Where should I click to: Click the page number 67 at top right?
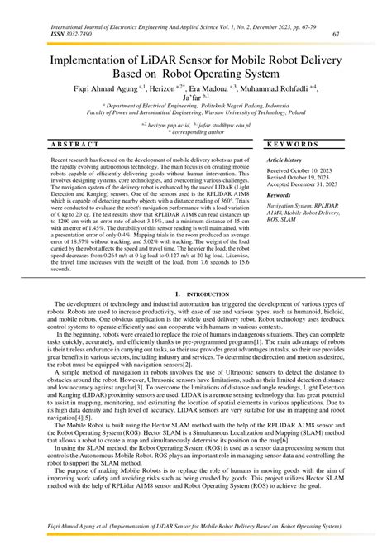tap(336, 34)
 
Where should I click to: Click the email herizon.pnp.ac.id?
tap(165, 123)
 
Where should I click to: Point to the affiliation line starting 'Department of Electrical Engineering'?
tap(196, 107)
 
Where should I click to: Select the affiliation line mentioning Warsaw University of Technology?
tap(196, 113)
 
